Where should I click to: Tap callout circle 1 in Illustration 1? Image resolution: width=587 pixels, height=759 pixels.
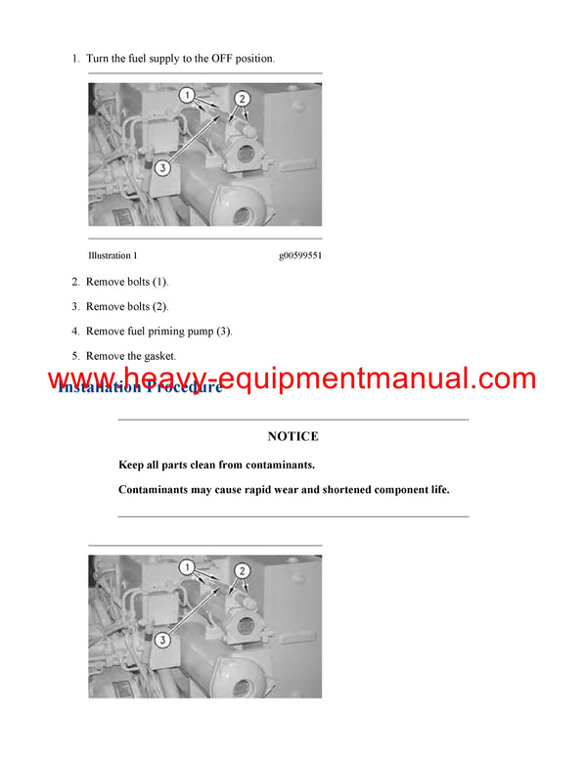tap(186, 96)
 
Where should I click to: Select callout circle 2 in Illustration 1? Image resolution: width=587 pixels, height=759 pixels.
tap(243, 99)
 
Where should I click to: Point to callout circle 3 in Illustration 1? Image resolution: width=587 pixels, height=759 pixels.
tap(162, 167)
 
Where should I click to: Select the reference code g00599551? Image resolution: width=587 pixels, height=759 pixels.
tap(300, 255)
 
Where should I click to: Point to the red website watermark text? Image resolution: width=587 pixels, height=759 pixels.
tap(293, 379)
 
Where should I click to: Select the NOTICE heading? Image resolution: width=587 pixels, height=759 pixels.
tap(293, 436)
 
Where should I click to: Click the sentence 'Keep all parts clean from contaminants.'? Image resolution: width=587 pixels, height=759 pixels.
tap(216, 465)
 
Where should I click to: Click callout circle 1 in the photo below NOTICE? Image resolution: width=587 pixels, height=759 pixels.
tap(186, 567)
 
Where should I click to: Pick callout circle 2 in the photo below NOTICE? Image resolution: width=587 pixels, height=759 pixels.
tap(243, 570)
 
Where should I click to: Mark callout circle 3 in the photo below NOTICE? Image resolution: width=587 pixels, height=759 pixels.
tap(162, 639)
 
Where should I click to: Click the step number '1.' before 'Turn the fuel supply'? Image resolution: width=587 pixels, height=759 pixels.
tap(75, 59)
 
